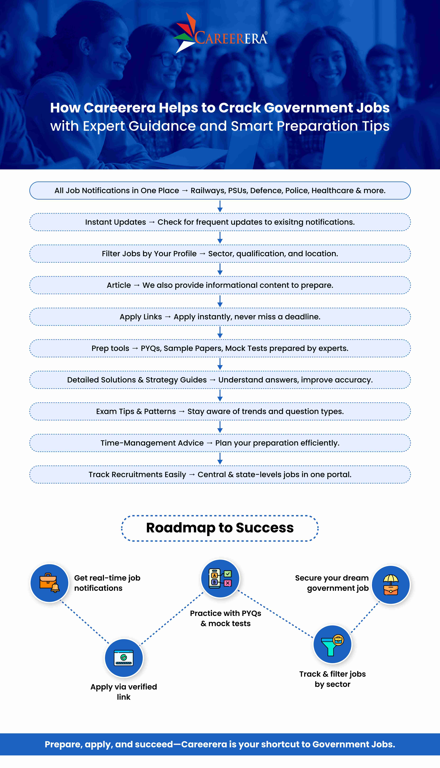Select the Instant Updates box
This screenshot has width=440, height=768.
click(220, 222)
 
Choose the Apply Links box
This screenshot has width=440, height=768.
click(220, 317)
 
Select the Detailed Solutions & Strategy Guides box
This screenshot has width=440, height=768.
click(220, 380)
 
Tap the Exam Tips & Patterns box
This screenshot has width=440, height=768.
click(220, 412)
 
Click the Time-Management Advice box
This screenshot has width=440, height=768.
click(220, 443)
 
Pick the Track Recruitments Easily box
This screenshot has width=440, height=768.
click(220, 475)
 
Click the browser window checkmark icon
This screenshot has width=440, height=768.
click(124, 658)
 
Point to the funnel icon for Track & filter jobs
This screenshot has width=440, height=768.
click(332, 644)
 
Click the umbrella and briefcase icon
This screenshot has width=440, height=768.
click(391, 585)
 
